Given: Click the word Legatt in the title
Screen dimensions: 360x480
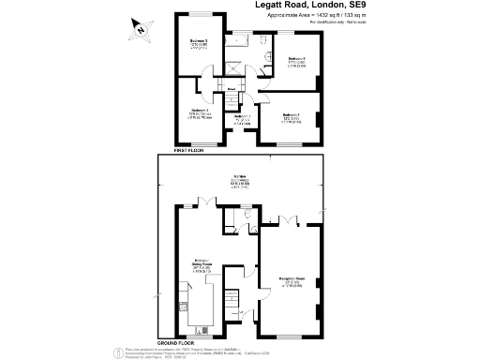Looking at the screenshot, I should click(x=273, y=6).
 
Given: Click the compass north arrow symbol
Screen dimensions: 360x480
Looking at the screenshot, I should click(x=140, y=28).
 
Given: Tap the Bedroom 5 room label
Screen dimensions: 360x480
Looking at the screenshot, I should click(x=241, y=118).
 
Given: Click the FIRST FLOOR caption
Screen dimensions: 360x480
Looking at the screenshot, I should click(x=188, y=150).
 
